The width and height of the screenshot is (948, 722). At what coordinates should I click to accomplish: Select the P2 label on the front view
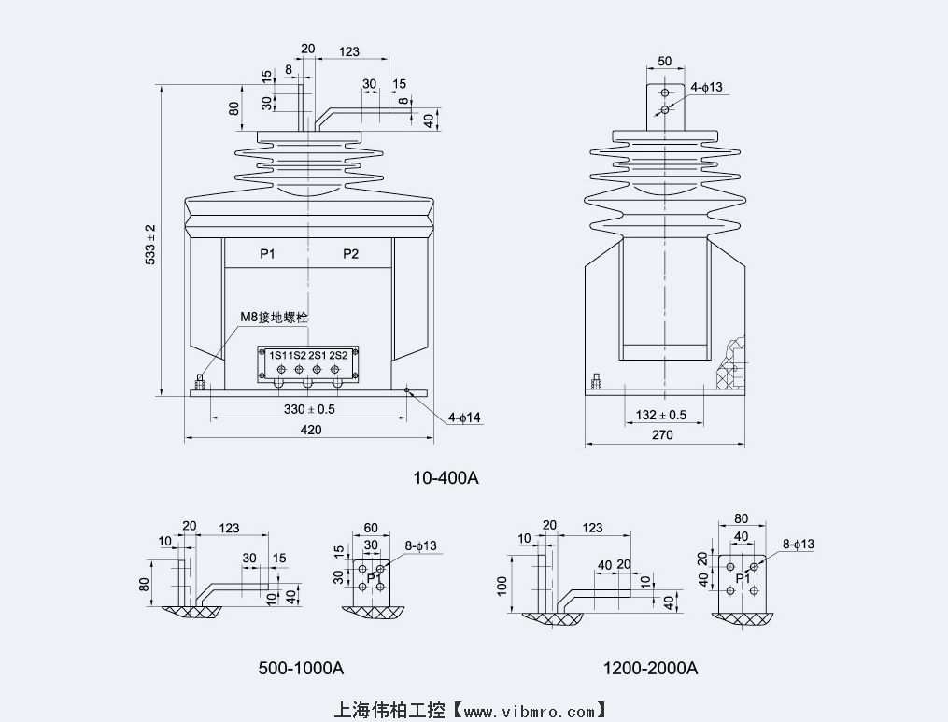(x=350, y=254)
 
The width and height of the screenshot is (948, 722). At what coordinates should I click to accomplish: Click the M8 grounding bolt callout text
(x=275, y=318)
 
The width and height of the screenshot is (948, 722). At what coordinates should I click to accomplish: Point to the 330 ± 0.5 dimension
(x=309, y=409)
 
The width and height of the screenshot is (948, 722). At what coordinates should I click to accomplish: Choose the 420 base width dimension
(x=310, y=430)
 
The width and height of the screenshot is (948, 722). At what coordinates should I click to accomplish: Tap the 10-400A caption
(x=446, y=478)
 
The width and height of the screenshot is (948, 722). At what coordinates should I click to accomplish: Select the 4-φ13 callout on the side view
(x=707, y=87)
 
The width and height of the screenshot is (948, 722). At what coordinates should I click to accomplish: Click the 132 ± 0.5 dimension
(x=660, y=415)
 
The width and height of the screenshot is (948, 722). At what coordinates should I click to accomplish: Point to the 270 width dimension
(x=660, y=434)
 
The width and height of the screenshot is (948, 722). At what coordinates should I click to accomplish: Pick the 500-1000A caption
(x=301, y=668)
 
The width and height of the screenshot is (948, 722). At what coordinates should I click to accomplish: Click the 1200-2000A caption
(x=651, y=668)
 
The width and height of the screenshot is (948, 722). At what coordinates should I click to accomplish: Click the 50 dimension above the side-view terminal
(x=664, y=61)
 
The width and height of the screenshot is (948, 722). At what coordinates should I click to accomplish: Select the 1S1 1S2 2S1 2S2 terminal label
(x=308, y=355)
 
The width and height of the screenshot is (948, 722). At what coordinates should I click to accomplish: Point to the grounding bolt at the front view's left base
(x=199, y=382)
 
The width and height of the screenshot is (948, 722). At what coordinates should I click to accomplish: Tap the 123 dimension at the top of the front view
(x=350, y=51)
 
